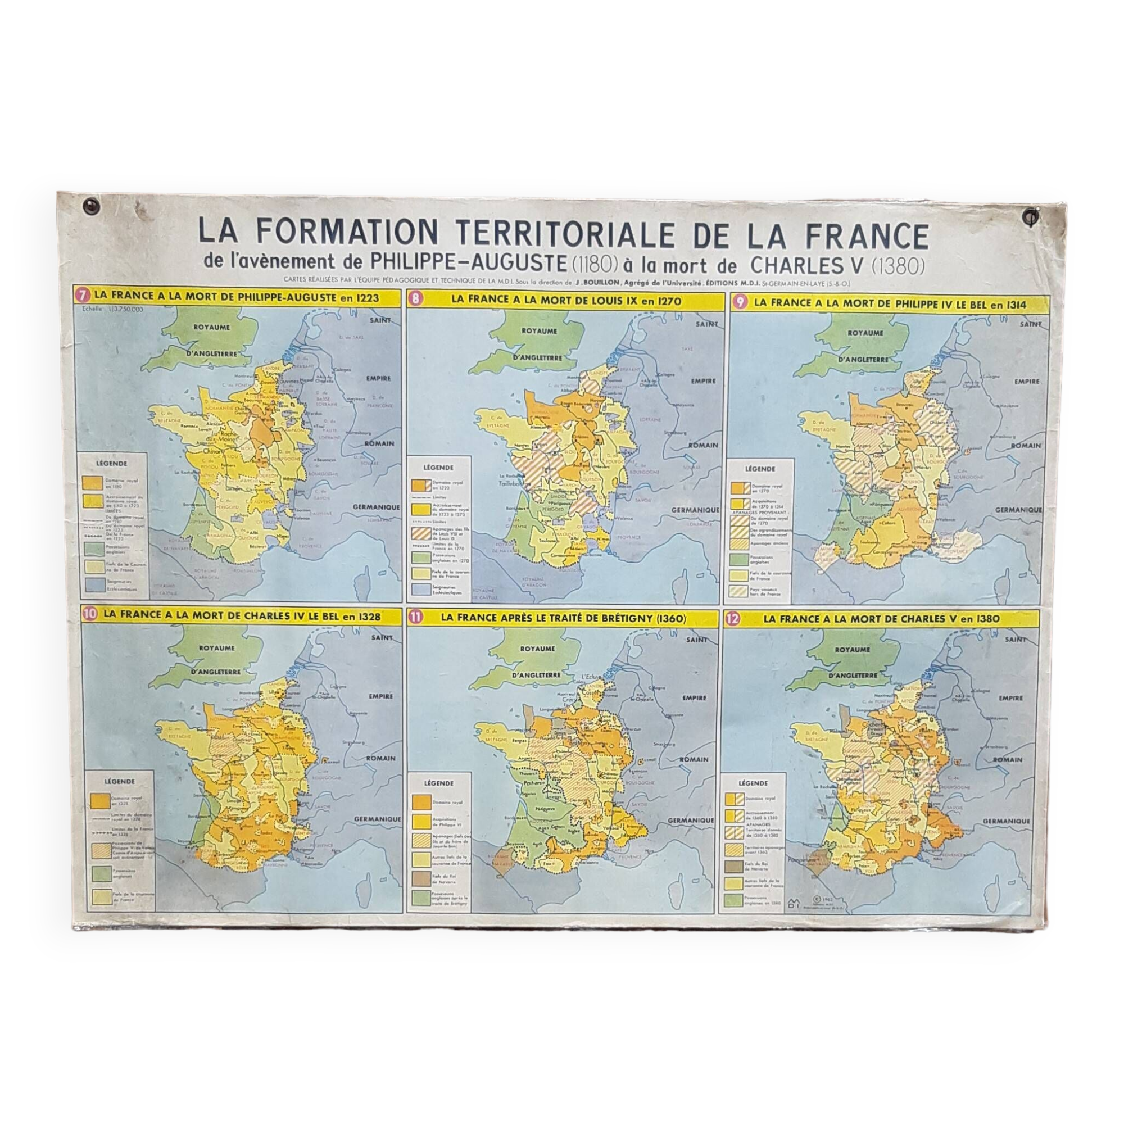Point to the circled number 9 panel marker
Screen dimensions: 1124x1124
pyautogui.click(x=738, y=302)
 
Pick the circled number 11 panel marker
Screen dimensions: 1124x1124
pyautogui.click(x=416, y=618)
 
